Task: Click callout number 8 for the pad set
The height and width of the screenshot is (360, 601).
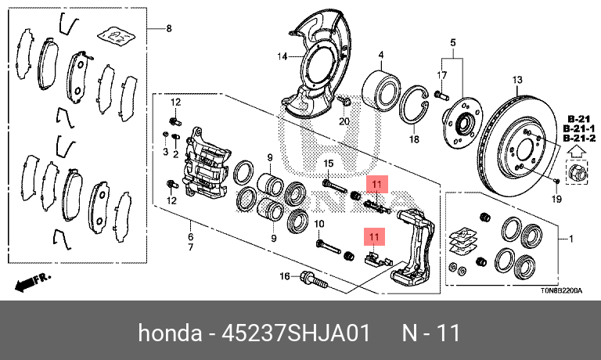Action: point(167,29)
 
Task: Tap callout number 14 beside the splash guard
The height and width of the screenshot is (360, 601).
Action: point(283,56)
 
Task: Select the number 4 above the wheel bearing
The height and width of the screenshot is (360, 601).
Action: point(380,55)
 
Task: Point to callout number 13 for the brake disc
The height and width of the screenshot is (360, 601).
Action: point(516,80)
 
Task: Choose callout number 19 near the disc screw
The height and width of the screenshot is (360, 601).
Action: point(556,200)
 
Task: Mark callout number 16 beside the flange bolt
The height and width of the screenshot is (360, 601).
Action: point(285,275)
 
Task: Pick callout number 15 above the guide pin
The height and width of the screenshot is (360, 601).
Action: point(329,163)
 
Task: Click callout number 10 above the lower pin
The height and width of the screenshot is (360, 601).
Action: point(319,225)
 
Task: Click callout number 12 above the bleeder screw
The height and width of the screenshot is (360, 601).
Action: point(175,102)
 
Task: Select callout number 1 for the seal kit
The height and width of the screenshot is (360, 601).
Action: point(570,238)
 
